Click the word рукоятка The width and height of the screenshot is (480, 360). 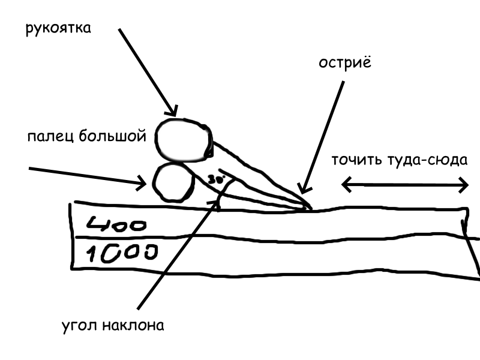coord(58,28)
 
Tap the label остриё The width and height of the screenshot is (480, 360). coord(345,62)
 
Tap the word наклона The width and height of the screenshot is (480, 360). coord(133,325)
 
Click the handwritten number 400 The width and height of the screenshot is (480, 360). coord(116,224)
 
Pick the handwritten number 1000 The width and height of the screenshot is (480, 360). coord(122,253)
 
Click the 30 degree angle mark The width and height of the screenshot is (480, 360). coord(216,179)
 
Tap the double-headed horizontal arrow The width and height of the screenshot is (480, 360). coord(405,185)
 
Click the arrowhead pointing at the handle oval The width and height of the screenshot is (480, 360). coord(172,112)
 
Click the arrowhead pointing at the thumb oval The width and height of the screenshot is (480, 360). coord(142,184)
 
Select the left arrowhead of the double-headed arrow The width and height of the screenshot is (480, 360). coord(346,185)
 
